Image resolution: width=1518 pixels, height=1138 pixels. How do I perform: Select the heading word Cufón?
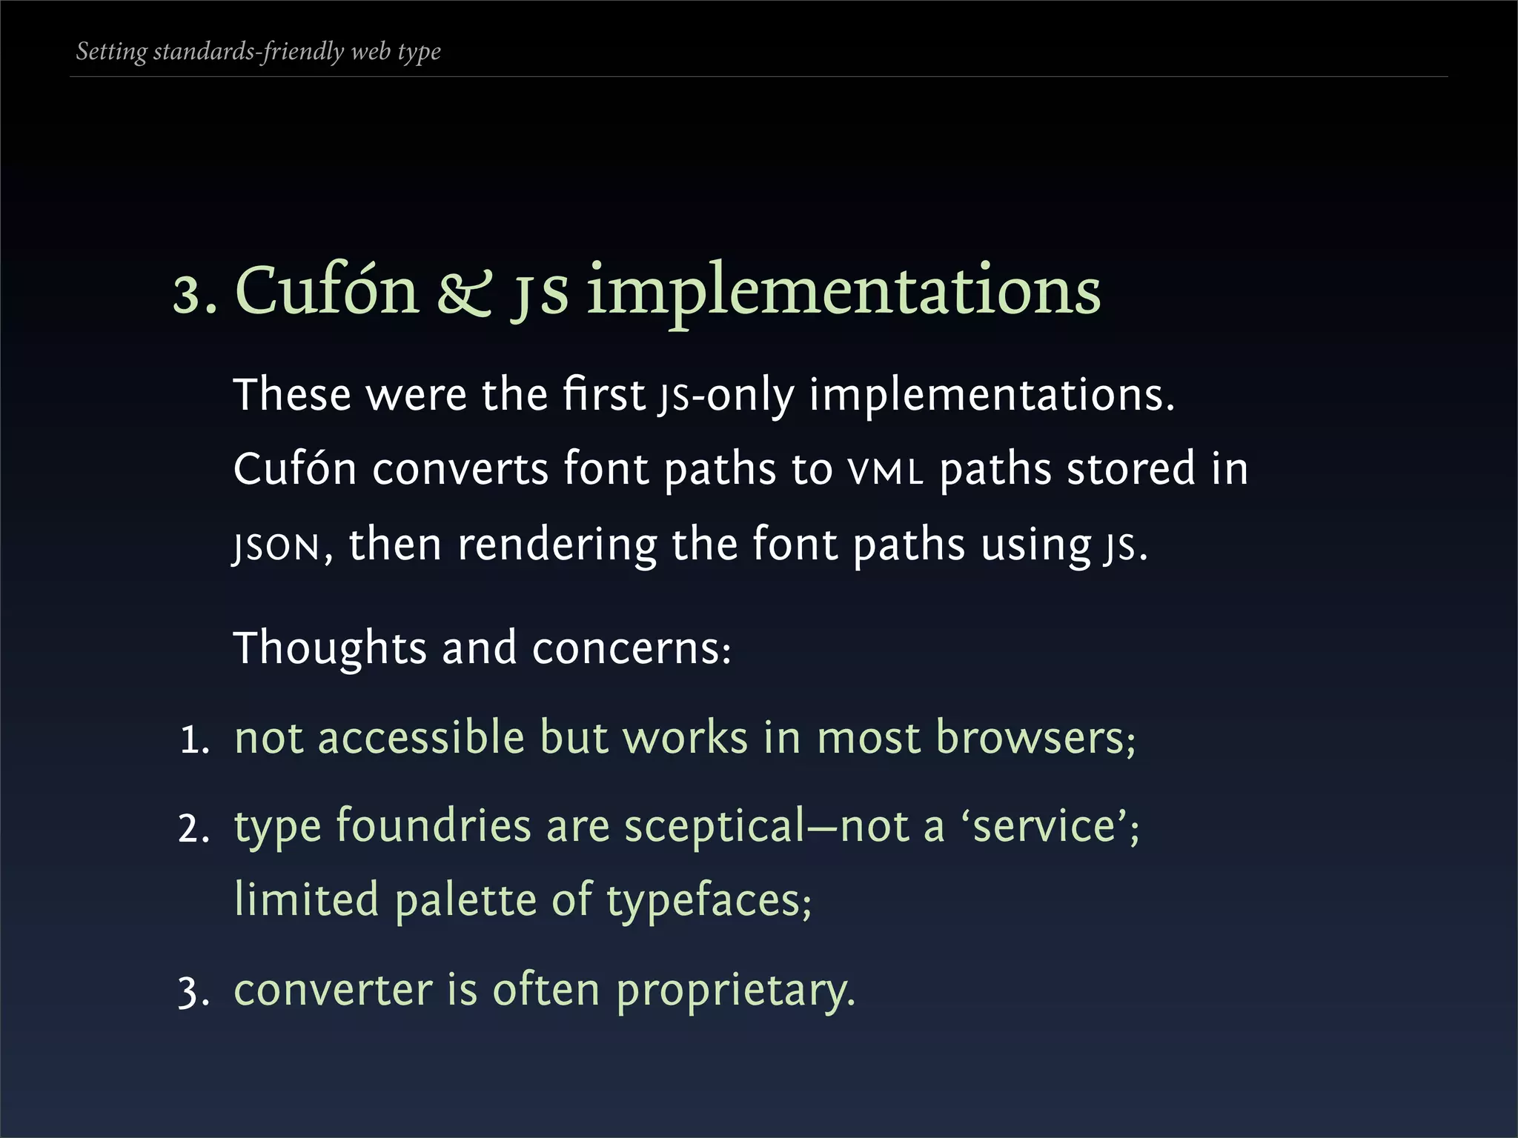pyautogui.click(x=327, y=290)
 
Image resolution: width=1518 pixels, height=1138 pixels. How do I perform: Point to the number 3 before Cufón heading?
pyautogui.click(x=190, y=295)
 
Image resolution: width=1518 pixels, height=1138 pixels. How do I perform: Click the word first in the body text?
pyautogui.click(x=604, y=394)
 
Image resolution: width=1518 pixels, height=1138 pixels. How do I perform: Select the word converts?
pyautogui.click(x=460, y=470)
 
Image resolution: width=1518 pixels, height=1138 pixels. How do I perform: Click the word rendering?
pyautogui.click(x=557, y=545)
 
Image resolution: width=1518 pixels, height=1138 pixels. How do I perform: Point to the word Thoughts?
pyautogui.click(x=330, y=648)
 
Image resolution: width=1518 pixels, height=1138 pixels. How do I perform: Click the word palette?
pyautogui.click(x=465, y=902)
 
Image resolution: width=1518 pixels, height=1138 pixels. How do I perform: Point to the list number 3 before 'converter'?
pyautogui.click(x=193, y=992)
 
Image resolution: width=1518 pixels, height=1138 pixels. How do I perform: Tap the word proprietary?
pyautogui.click(x=735, y=991)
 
